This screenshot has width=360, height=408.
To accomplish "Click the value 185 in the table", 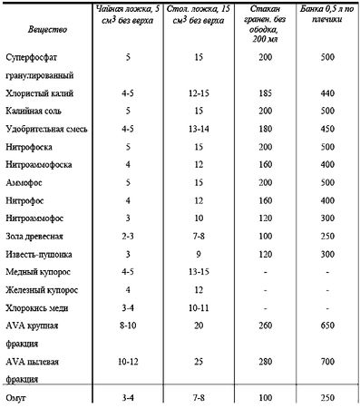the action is coord(264,93).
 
